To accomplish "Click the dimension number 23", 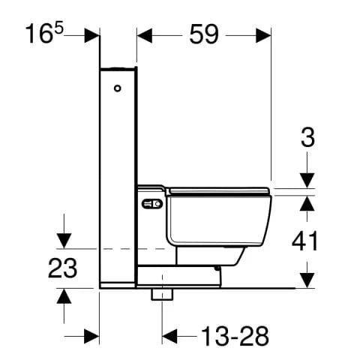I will coord(64,268).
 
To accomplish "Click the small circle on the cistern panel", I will coord(117,89).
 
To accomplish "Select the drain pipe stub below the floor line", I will coord(158,293).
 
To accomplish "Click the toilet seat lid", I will coord(217,190).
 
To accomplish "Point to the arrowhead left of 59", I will coord(145,34).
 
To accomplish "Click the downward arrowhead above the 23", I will coord(64,239).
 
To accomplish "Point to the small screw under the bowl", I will coord(217,266).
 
